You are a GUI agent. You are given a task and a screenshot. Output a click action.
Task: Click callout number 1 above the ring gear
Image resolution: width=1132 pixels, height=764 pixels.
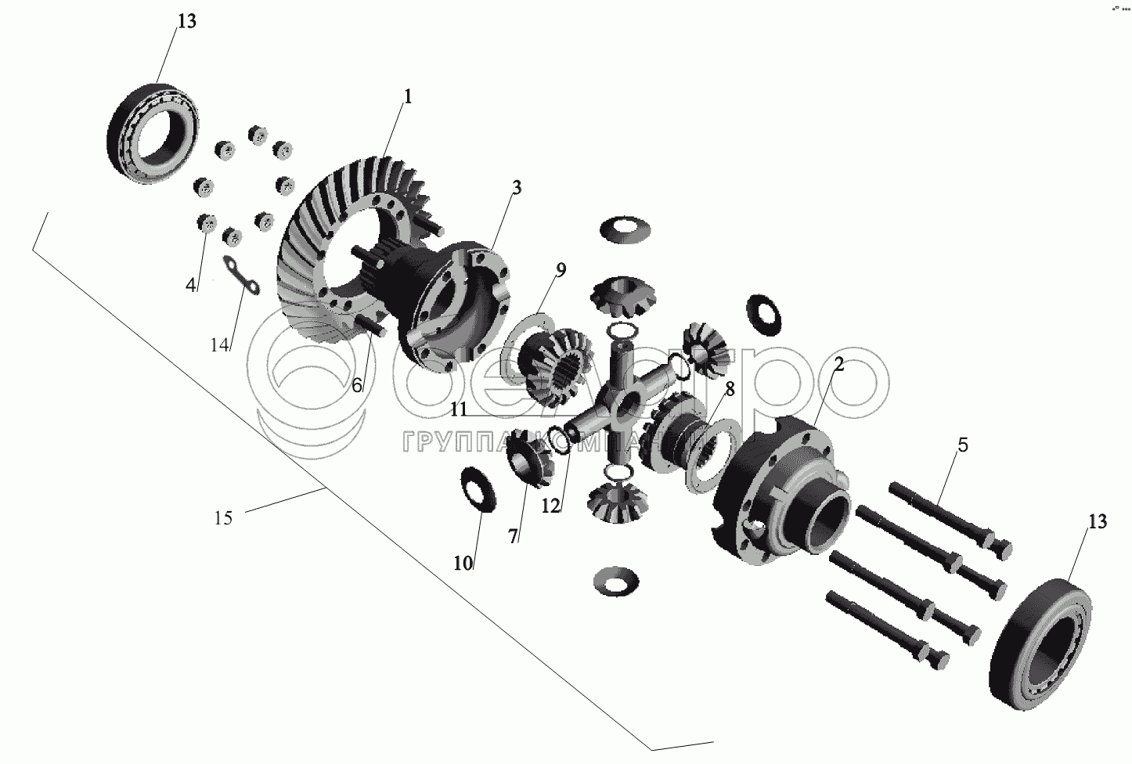coord(406,97)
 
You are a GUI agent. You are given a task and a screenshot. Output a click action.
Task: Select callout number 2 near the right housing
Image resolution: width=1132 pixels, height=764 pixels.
coord(838,364)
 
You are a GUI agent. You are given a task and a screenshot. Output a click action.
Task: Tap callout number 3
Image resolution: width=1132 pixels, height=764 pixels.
coord(517,188)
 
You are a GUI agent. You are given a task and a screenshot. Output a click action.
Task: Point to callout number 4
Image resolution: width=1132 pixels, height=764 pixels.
coord(190,286)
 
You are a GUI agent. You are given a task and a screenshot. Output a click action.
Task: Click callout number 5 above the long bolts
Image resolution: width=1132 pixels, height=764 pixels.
coord(962,445)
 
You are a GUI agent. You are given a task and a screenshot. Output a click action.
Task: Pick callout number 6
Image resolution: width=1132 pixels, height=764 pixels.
coord(357,384)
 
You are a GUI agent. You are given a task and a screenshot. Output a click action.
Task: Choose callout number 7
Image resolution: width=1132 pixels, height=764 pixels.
coord(513,536)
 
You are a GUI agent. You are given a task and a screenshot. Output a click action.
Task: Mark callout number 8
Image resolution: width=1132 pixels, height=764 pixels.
coord(730,389)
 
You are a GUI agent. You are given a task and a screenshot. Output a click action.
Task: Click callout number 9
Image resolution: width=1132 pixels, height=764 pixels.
coord(560,271)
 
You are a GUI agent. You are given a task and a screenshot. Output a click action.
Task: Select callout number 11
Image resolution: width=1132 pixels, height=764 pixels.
coord(459,409)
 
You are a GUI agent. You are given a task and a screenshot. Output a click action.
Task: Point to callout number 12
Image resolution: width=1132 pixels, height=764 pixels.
coord(551,506)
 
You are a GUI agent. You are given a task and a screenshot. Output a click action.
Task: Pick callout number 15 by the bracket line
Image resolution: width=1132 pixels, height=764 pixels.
coord(223,517)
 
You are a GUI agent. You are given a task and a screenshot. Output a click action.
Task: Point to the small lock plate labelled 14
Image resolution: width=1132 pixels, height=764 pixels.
coord(243,278)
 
